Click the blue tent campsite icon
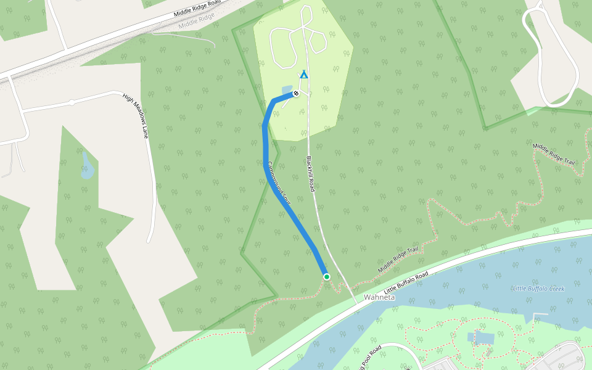[x=303, y=75]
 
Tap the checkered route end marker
[x=296, y=93]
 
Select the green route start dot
[x=327, y=277]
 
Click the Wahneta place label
[x=379, y=297]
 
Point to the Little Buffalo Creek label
[x=538, y=289]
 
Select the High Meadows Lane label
[x=136, y=115]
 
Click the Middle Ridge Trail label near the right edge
[x=554, y=154]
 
